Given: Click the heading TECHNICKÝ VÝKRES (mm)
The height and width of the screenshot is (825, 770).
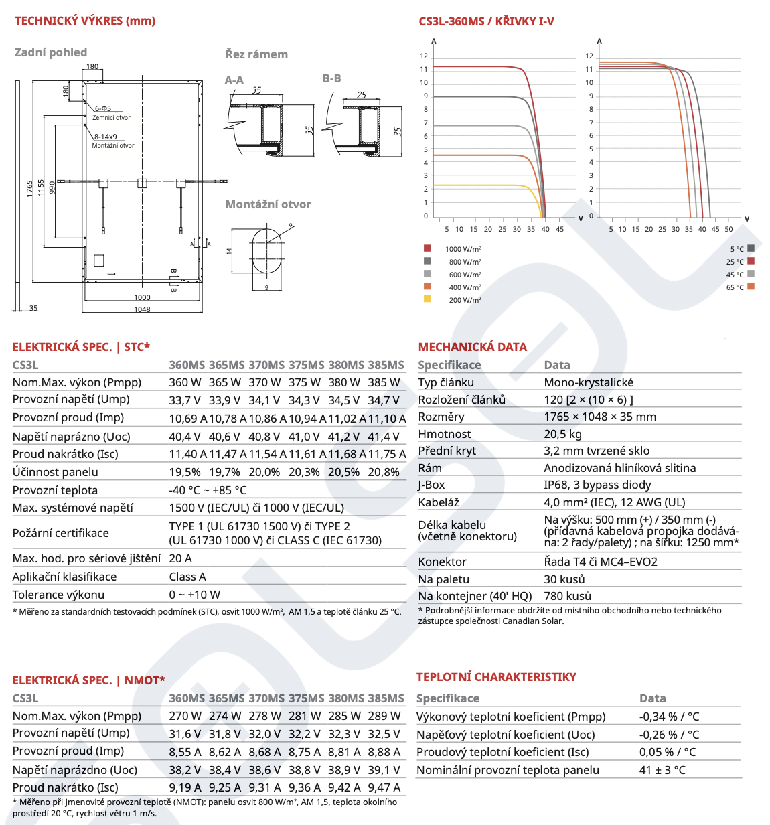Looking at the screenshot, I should [85, 21].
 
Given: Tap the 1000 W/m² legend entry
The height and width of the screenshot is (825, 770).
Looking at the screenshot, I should [463, 249].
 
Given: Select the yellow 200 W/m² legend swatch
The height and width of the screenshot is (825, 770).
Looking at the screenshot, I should [427, 299].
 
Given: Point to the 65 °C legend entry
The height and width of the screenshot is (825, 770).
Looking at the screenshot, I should [735, 287].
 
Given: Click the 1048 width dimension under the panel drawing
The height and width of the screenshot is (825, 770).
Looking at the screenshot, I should [142, 309].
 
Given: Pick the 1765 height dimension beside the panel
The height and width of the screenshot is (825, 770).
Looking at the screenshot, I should [30, 188].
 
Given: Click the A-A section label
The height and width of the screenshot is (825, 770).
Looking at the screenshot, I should [234, 80].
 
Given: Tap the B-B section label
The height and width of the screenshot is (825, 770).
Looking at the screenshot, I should [332, 78].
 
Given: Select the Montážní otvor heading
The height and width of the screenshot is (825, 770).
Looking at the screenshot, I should [268, 204].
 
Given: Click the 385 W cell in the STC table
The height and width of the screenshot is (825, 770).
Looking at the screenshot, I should [384, 382].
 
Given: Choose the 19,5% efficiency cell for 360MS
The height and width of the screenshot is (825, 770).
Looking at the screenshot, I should [185, 472].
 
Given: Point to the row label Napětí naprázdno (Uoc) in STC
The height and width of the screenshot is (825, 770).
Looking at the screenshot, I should [72, 437].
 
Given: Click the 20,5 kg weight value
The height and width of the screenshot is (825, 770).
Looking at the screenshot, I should [562, 434].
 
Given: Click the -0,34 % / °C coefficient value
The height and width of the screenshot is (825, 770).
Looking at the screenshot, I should [669, 717].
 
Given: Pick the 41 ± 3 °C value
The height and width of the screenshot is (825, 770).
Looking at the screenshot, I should [662, 770].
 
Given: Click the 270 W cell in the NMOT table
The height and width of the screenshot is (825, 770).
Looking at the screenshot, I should [185, 716].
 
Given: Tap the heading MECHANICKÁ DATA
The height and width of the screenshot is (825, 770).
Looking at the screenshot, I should [472, 347].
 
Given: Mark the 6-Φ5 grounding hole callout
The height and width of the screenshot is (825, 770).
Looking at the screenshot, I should [103, 108].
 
